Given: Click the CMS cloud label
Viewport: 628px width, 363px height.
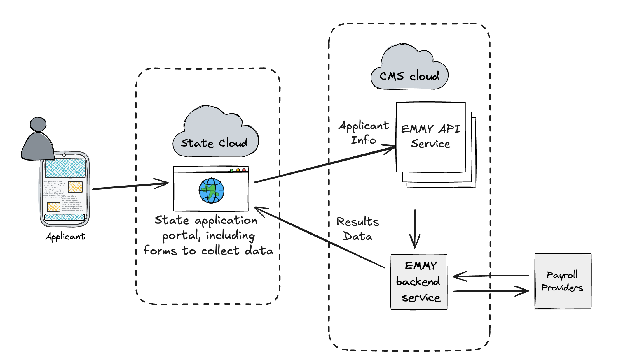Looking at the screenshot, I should (409, 76).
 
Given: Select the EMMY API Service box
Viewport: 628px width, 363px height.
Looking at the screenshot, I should (430, 137).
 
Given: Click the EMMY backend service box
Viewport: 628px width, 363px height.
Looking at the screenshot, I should (419, 282).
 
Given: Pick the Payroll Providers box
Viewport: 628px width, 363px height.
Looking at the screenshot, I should (562, 281).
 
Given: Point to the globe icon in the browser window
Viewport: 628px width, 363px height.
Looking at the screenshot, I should (211, 191).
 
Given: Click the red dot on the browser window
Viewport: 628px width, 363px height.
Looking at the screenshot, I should (244, 170).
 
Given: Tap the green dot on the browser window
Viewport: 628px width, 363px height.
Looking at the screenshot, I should (232, 170).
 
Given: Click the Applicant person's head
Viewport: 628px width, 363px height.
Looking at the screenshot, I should (38, 124).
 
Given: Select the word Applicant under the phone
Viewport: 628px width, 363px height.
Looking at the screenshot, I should (65, 237).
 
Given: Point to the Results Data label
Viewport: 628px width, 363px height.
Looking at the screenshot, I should (358, 229).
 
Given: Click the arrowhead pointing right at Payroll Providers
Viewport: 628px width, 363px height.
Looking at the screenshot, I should (524, 290).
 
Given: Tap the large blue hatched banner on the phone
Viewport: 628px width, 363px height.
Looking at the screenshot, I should (65, 168).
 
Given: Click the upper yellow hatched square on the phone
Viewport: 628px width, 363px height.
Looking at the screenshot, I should (75, 187).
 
